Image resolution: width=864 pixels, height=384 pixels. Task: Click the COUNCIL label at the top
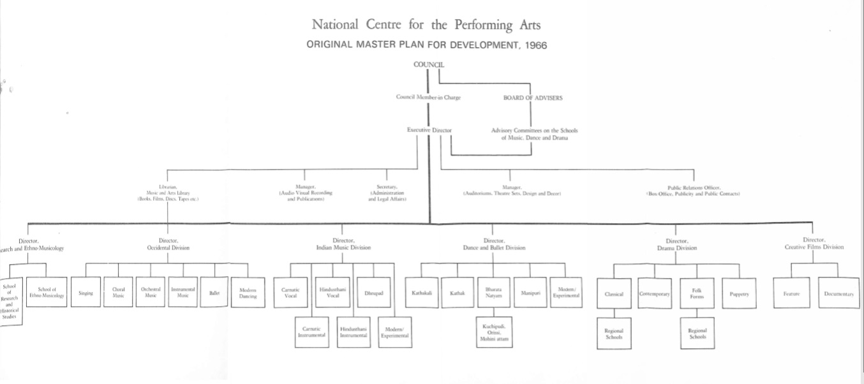tap(429, 64)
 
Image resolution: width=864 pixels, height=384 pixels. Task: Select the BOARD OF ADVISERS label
tap(533, 98)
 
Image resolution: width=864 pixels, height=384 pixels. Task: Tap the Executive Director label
tap(429, 130)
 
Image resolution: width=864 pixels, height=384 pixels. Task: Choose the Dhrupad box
tap(373, 293)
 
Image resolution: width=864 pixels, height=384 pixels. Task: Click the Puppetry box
tap(738, 294)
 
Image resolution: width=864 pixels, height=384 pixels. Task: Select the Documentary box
tap(838, 294)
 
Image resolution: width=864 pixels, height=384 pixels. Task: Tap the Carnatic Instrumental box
tap(312, 332)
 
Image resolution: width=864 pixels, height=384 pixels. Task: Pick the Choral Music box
tap(118, 292)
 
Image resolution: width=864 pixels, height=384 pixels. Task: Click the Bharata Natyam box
tap(493, 293)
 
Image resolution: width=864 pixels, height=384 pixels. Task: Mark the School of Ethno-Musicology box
tap(47, 292)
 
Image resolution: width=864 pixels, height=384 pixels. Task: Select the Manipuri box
tap(530, 293)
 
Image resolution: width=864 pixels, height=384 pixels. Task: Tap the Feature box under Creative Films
tap(791, 294)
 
